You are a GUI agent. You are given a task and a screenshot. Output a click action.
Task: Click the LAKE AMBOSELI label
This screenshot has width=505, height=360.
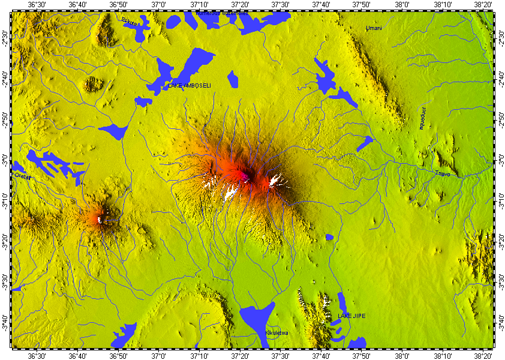190,86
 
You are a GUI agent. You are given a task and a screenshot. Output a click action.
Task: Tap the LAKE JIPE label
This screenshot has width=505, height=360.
351,316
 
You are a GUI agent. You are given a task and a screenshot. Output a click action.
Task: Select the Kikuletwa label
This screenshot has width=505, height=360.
276,332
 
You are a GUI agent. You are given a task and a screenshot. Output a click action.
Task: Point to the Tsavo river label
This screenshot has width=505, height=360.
442,173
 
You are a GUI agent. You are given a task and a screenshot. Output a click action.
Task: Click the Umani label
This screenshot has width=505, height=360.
373,28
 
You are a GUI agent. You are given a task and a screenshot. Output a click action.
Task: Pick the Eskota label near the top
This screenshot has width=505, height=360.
129,22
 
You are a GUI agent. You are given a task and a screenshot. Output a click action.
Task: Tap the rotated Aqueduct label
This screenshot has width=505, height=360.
422,118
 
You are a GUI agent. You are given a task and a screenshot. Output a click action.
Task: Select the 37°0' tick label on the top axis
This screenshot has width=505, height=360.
158,5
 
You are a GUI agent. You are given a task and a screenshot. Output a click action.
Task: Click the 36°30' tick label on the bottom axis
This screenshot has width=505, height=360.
37,355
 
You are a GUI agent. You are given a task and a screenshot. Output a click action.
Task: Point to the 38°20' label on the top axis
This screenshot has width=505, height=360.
483,5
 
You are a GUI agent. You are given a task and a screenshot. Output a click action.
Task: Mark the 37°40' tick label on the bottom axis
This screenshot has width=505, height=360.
321,355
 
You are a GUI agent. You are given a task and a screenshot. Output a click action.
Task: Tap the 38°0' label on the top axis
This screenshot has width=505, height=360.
401,5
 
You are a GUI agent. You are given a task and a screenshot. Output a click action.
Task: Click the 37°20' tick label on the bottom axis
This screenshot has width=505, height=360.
239,355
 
